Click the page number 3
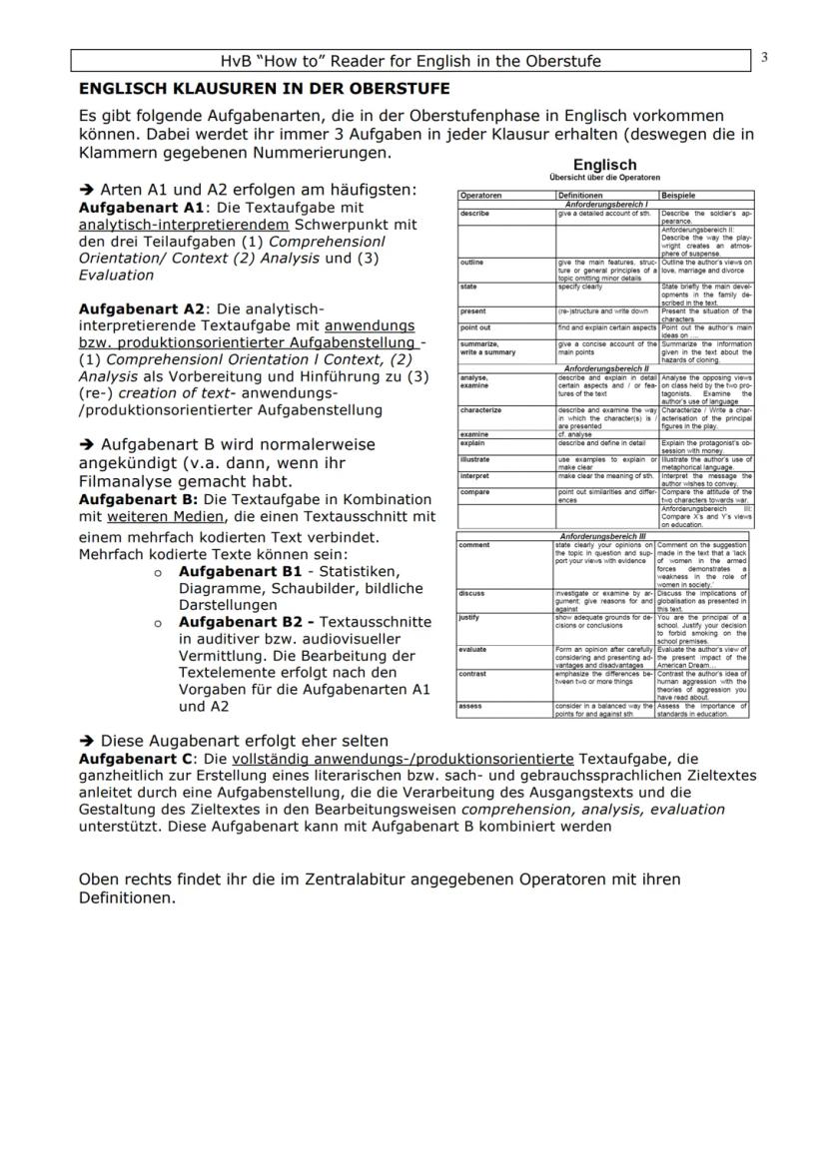(764, 57)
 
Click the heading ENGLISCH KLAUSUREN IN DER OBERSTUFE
(264, 89)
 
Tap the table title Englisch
(604, 165)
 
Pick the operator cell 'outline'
(472, 263)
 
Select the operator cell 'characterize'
(481, 410)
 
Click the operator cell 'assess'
(470, 706)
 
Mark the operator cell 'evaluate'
(472, 650)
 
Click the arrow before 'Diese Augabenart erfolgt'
(87, 741)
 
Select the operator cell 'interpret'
(474, 476)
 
